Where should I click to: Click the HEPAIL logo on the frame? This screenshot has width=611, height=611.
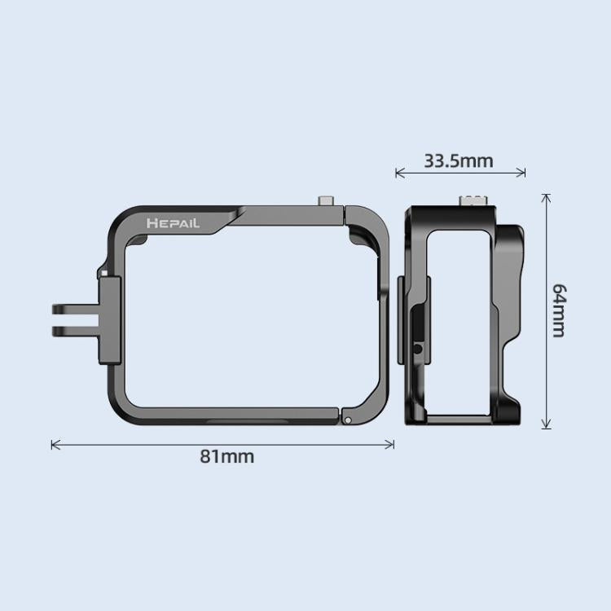click(173, 222)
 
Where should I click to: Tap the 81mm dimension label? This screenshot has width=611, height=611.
click(227, 456)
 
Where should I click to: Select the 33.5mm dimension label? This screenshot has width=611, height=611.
click(458, 160)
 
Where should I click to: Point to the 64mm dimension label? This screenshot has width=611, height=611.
click(559, 310)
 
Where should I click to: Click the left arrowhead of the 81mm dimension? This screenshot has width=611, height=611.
click(55, 444)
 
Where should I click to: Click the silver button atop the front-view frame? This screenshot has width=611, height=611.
click(327, 200)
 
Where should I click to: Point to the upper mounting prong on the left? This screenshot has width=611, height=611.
click(73, 310)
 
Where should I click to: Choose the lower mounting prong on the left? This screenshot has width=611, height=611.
click(73, 330)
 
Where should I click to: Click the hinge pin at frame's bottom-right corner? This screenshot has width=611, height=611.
click(348, 420)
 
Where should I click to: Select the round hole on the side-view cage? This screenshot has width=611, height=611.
click(418, 349)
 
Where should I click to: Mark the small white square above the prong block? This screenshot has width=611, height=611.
click(103, 270)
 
